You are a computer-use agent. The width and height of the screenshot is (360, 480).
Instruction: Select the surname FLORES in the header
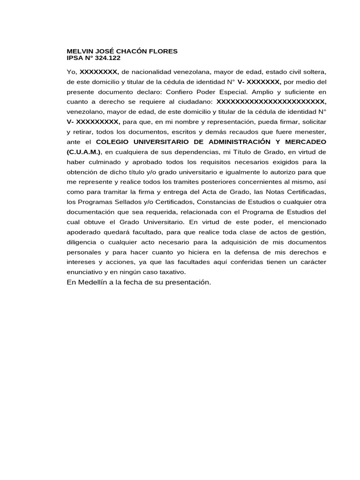(161, 51)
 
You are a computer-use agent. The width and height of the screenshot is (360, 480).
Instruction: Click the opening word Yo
(72, 72)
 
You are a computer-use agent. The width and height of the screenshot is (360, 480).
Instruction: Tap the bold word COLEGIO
(113, 141)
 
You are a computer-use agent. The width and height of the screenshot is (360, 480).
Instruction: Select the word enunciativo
(86, 272)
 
